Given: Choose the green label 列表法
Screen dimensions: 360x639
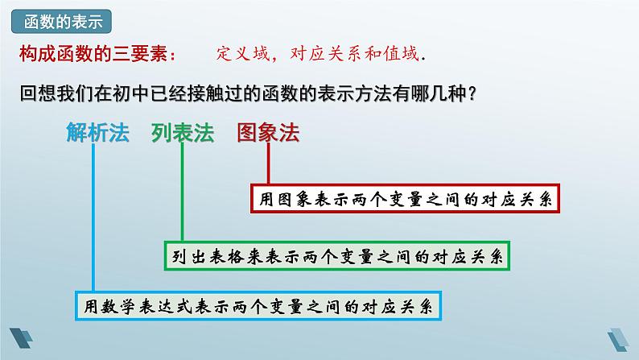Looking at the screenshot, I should pos(182,133).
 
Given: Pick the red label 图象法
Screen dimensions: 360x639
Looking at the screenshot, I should pos(268,133).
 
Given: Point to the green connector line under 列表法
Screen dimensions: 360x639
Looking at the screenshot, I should pos(183,193).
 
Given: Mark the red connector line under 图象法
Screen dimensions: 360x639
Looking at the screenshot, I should pos(268,165).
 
